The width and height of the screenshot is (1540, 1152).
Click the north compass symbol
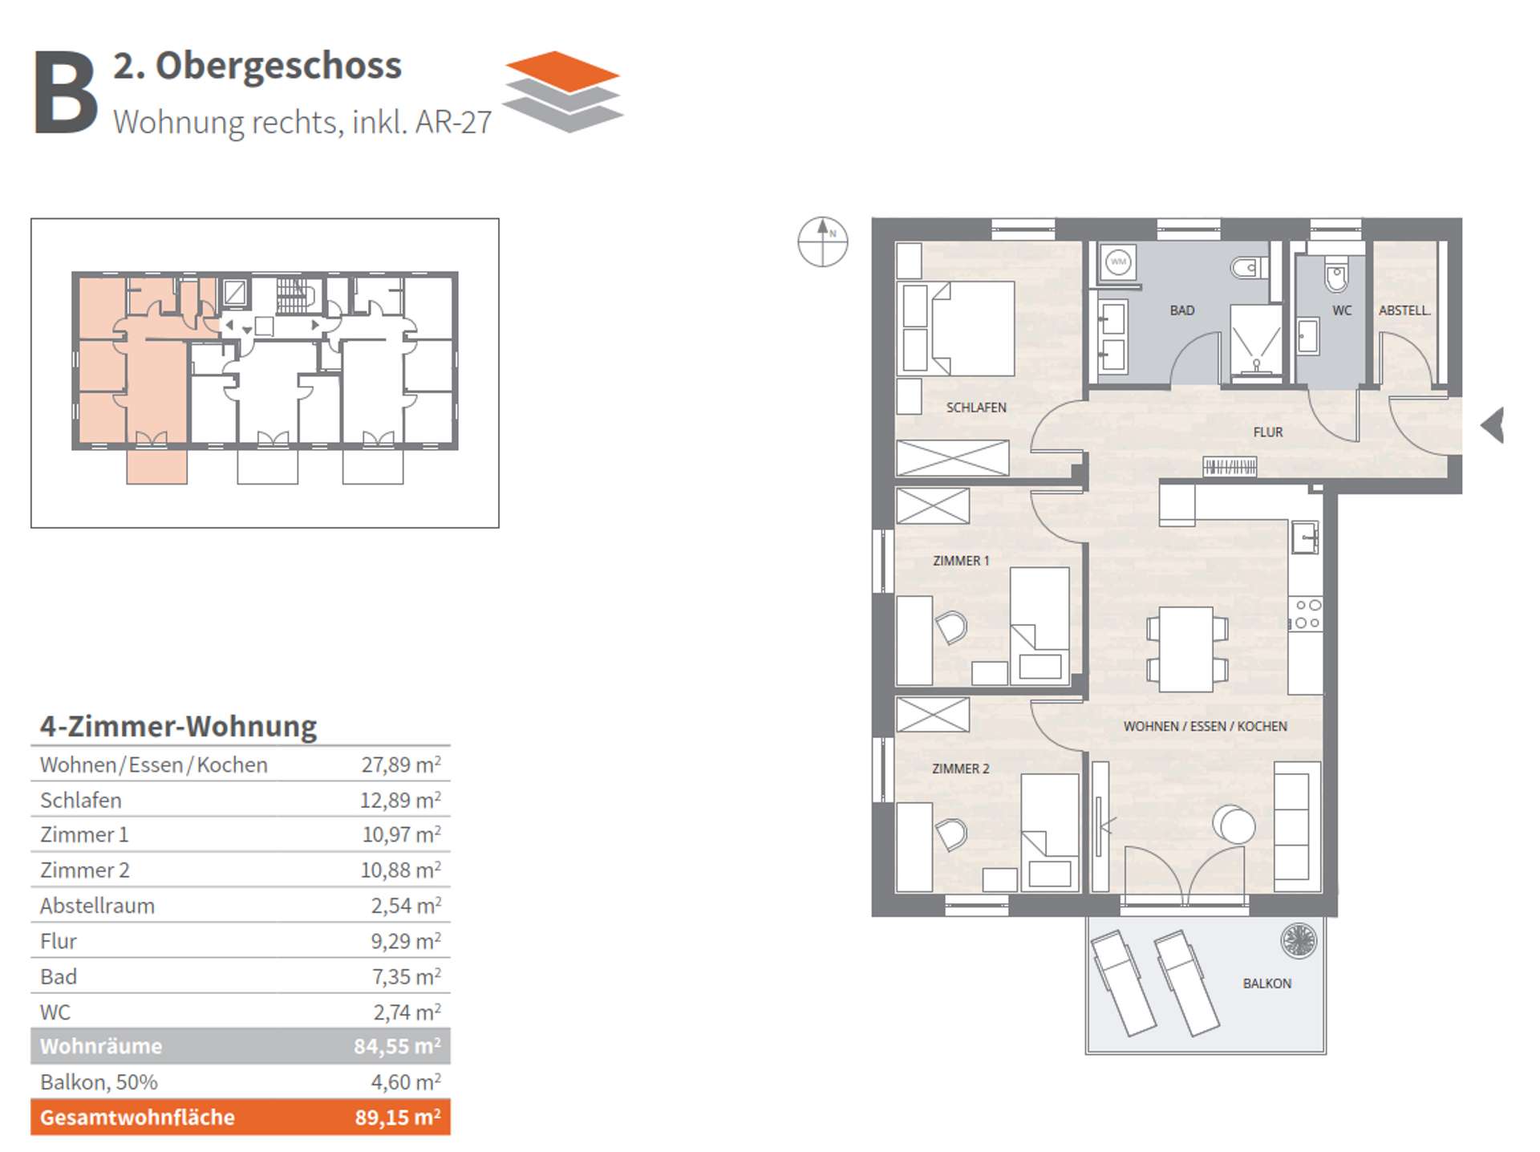click(823, 241)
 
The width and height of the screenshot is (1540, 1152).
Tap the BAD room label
click(1181, 310)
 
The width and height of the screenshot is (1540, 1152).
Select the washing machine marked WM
click(1118, 262)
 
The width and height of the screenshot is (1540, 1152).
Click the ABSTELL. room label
click(1404, 310)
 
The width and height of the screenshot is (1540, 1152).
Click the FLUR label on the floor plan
click(1268, 432)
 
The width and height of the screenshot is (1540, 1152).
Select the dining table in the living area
click(1187, 649)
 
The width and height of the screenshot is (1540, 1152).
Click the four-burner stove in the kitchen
click(1306, 615)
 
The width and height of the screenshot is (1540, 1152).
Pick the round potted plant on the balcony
click(1299, 941)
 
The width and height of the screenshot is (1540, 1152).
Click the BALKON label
click(1267, 984)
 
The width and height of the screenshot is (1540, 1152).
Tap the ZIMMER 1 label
click(961, 561)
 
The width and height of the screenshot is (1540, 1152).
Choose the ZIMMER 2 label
click(961, 769)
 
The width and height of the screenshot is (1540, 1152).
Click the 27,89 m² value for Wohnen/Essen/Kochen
click(401, 765)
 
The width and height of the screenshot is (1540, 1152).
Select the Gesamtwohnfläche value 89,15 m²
click(398, 1117)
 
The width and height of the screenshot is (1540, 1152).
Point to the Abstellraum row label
click(97, 906)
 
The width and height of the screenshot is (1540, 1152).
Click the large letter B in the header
click(66, 92)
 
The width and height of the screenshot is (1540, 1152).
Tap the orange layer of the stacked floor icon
click(563, 71)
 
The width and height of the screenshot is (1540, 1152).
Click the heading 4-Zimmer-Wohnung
click(179, 726)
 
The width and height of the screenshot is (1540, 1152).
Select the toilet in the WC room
click(1336, 274)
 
